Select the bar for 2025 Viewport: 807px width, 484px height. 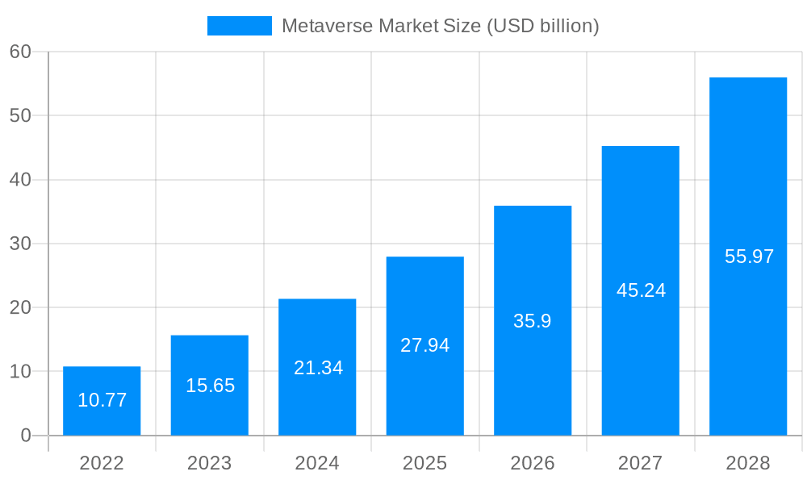[x=424, y=307]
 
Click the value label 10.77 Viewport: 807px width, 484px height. [x=102, y=400]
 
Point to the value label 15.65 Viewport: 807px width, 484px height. [x=210, y=386]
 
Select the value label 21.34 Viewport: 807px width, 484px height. [x=318, y=368]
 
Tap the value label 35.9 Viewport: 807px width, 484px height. [x=532, y=321]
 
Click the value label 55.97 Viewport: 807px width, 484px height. [x=749, y=257]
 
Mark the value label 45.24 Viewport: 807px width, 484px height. [x=641, y=290]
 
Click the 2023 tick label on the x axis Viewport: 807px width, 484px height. [x=209, y=463]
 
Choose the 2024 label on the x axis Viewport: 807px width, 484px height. [x=317, y=463]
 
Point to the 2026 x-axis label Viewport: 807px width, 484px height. [x=533, y=463]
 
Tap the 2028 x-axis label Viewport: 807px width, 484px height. [x=748, y=463]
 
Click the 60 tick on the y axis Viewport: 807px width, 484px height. [x=20, y=52]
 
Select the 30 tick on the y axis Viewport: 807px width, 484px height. [x=20, y=244]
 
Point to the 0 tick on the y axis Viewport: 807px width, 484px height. [x=25, y=436]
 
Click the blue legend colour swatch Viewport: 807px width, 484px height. [x=240, y=26]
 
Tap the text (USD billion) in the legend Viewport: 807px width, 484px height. [x=541, y=26]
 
